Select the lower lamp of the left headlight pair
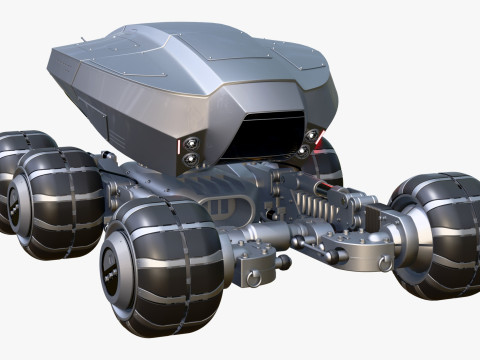pos(189,159)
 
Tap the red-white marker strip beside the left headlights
pos(180,150)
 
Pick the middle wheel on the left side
pos(55,201)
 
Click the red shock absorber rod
pos(326,187)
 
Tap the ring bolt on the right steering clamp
pos(384,262)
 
